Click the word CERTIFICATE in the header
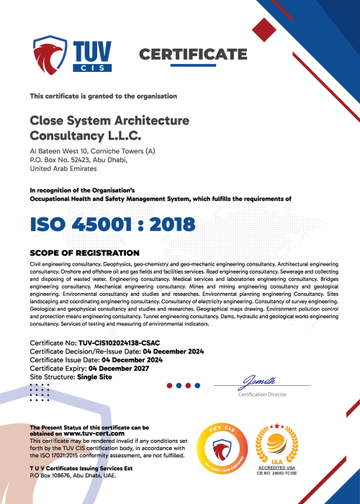tap(192, 55)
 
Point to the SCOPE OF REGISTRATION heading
tap(84, 253)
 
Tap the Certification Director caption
tap(262, 395)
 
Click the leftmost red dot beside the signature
tap(169, 385)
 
